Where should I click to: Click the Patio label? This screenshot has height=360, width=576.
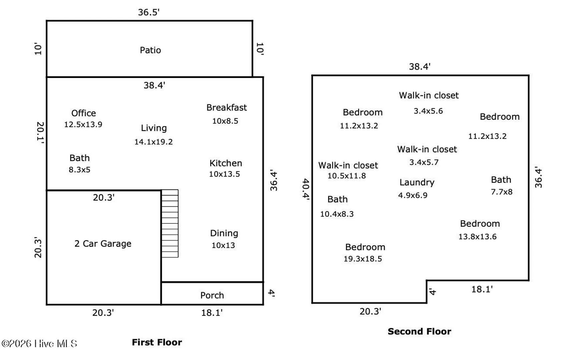[x=150, y=50]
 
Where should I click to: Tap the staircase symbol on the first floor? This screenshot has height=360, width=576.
[x=170, y=223]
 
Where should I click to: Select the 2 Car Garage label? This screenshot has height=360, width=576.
[x=103, y=244]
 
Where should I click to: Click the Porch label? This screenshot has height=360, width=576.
[x=212, y=295]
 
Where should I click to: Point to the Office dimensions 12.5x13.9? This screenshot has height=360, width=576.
[x=83, y=125]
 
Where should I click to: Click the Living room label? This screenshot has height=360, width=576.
[x=154, y=128]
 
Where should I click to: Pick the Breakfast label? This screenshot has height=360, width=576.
[x=226, y=108]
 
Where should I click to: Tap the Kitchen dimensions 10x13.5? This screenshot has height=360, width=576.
[x=224, y=174]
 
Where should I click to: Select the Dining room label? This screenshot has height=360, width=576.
[x=224, y=233]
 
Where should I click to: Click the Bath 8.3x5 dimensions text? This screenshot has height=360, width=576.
[x=79, y=170]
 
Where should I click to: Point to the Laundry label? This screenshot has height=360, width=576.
[x=417, y=183]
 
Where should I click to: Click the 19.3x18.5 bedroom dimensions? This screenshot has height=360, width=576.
[x=363, y=259]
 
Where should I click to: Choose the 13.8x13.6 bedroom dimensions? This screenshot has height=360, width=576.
[x=477, y=237]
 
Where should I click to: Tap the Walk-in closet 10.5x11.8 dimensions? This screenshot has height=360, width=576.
[x=347, y=176]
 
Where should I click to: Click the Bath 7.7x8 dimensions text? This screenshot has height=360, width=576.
[x=502, y=192]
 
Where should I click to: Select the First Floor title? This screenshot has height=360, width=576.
[x=157, y=342]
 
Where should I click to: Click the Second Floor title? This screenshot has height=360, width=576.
[x=419, y=331]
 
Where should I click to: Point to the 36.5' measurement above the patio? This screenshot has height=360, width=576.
[x=149, y=12]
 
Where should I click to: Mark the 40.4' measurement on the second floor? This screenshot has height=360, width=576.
[x=306, y=189]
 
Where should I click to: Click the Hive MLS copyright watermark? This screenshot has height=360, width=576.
[x=39, y=344]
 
